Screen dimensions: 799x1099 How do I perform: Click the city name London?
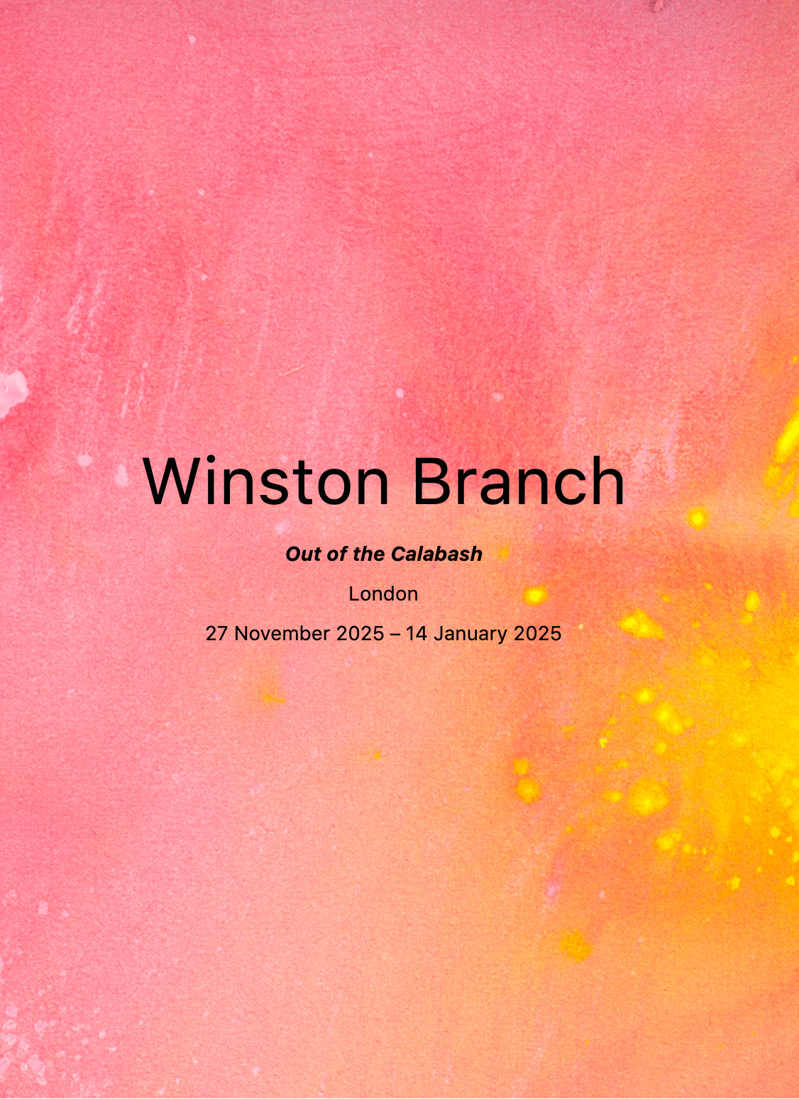pyautogui.click(x=383, y=594)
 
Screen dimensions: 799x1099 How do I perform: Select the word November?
pyautogui.click(x=282, y=634)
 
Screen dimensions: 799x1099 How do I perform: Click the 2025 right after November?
pyautogui.click(x=360, y=634)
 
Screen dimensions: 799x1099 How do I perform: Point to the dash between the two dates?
pyautogui.click(x=395, y=635)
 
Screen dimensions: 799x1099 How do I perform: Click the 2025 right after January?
pyautogui.click(x=537, y=634)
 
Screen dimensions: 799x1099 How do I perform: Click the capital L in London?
pyautogui.click(x=354, y=594)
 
